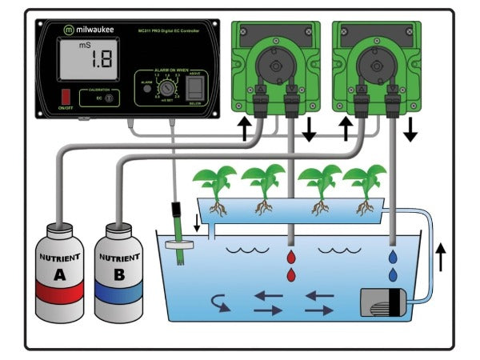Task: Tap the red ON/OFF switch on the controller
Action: pyautogui.click(x=66, y=97)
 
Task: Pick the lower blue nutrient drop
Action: pyautogui.click(x=394, y=275)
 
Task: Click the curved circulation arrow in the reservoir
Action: pyautogui.click(x=218, y=302)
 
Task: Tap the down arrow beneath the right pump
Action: pyautogui.click(x=410, y=127)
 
